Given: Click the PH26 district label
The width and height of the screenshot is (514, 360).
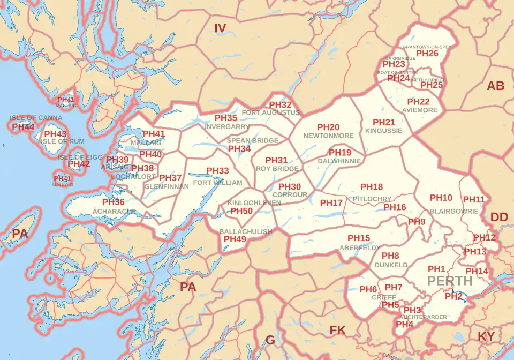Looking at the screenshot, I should (x=427, y=54).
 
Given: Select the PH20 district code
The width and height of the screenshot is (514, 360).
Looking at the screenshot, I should (x=328, y=127).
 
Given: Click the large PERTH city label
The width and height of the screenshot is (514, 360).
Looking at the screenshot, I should (x=450, y=281).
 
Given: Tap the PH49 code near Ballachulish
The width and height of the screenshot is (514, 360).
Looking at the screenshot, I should (x=235, y=239).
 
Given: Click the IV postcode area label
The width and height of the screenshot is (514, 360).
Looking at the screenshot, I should (x=221, y=28).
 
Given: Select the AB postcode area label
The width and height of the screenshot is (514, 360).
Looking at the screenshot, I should (x=495, y=86).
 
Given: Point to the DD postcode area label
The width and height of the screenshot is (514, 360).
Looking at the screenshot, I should (x=499, y=217).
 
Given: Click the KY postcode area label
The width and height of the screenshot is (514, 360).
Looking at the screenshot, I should (x=486, y=336).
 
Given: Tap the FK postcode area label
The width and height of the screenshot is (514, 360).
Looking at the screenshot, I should (x=337, y=330).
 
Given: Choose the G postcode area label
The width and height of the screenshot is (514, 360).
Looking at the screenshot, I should (x=270, y=340).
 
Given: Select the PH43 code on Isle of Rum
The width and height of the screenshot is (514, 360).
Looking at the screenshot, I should (x=55, y=134).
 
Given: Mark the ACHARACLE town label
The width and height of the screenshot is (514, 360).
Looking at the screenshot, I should (x=113, y=212).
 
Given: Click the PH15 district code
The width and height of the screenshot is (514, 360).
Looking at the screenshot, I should (x=359, y=238).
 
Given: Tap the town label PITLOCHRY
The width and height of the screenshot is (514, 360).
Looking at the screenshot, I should (x=372, y=198).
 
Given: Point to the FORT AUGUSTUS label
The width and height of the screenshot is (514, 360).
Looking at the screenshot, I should (x=271, y=113).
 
